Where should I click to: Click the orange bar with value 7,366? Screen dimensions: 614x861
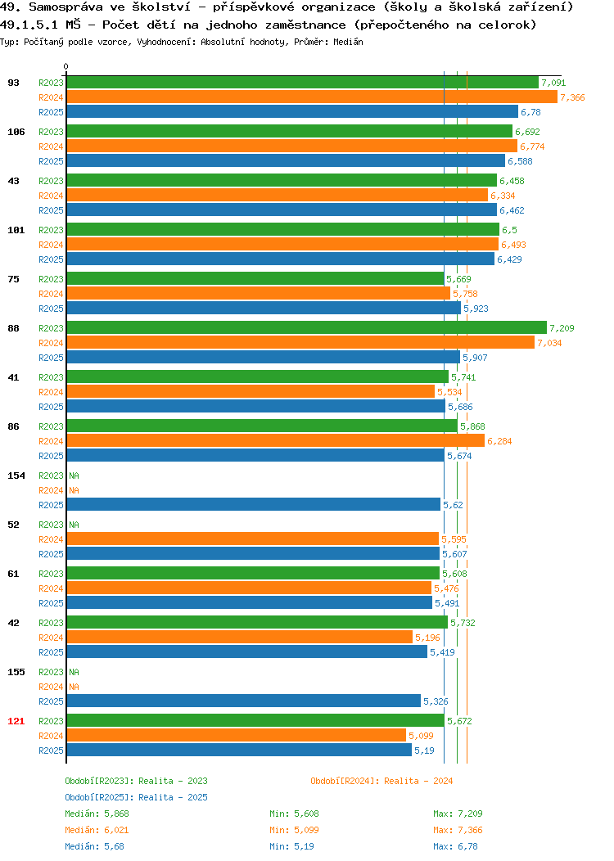tap(312, 97)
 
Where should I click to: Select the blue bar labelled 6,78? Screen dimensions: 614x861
tap(292, 112)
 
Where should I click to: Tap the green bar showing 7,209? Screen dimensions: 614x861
tap(307, 328)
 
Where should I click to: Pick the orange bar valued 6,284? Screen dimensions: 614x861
tap(276, 441)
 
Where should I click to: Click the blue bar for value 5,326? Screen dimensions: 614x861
tap(244, 701)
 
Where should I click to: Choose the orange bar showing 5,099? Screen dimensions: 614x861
tap(236, 736)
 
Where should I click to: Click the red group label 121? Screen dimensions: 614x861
tap(16, 721)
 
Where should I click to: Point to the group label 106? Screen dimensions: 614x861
tap(16, 132)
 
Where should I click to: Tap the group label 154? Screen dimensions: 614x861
tap(16, 476)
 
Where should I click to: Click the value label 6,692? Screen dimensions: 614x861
tap(527, 132)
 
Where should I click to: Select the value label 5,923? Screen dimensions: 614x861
tap(476, 309)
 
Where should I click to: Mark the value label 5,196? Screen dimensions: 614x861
tap(427, 638)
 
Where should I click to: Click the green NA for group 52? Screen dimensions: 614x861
tap(74, 525)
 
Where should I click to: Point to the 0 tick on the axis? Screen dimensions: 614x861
tap(66, 66)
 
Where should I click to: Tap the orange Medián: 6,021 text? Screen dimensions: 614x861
tap(97, 830)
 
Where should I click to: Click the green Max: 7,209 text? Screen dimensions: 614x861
tap(458, 814)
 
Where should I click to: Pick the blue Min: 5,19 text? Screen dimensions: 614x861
tap(291, 847)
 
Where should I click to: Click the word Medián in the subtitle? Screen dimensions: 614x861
tap(348, 42)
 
